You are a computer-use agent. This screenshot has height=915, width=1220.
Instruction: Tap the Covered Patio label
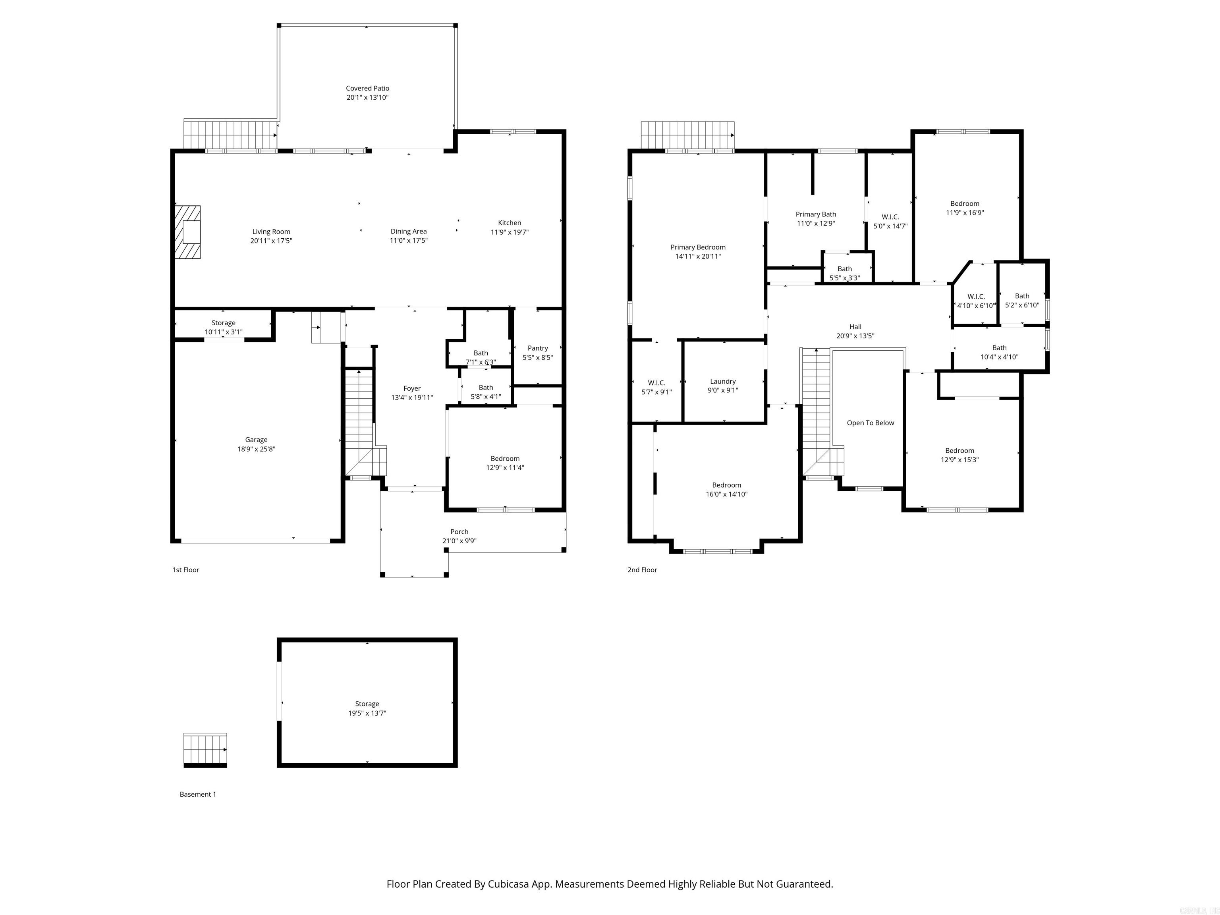[367, 88]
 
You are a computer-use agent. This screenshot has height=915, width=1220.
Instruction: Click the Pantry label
[537, 348]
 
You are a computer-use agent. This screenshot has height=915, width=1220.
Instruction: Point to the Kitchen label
[509, 223]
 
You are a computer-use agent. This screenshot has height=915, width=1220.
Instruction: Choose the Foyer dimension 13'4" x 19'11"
[411, 397]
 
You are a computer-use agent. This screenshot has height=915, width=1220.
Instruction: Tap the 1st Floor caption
[185, 570]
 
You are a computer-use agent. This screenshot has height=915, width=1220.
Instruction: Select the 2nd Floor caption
[642, 570]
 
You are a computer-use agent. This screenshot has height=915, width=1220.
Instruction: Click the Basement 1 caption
[197, 794]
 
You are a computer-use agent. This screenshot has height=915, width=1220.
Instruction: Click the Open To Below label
[871, 423]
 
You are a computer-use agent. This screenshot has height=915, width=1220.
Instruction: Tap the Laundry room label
[722, 381]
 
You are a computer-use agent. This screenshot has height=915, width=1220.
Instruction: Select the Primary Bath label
[816, 214]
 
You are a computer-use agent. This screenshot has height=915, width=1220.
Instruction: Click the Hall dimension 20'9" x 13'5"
[855, 336]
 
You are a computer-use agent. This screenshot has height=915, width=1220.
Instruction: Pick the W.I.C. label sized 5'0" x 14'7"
[890, 217]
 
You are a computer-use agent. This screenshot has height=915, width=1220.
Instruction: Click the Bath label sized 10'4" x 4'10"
[999, 347]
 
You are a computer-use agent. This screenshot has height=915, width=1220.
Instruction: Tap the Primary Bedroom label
[698, 247]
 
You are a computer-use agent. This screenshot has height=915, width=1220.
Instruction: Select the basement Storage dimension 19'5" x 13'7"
[367, 713]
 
